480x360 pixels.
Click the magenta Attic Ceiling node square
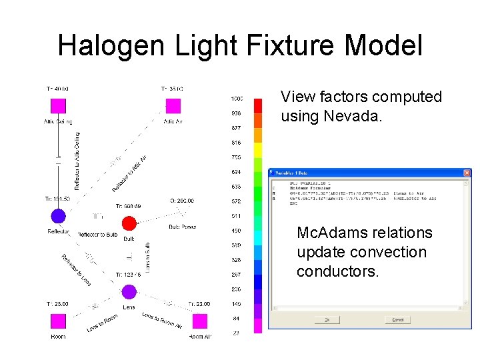pos(58,105)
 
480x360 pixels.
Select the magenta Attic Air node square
pos(173,105)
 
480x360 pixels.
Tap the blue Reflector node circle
pos(58,215)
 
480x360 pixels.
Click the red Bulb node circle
pos(129,223)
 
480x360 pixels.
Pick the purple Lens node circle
pos(129,291)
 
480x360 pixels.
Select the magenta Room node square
pos(58,321)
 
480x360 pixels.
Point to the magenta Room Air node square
pos(199,321)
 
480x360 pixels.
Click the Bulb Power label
pos(182,227)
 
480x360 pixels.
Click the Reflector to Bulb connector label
pos(97,235)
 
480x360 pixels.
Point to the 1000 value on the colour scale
pos(236,99)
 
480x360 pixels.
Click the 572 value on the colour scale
pos(236,201)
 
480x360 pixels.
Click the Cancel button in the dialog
pos(397,320)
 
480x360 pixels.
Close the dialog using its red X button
pos(464,173)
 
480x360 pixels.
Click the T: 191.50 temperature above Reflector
pos(57,199)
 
